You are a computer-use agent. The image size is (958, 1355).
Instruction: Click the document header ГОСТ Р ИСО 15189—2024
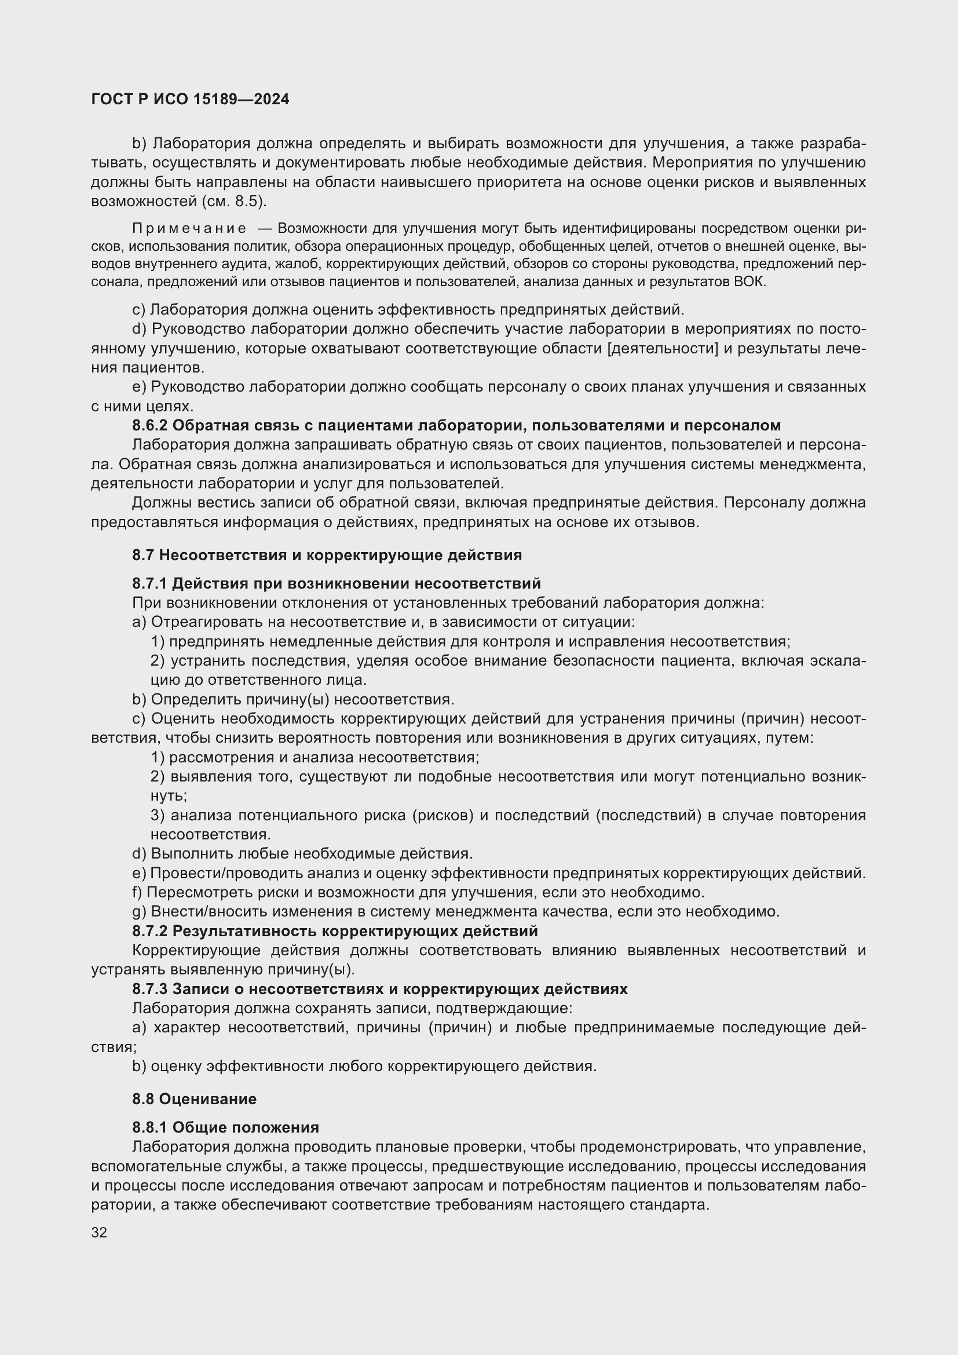(190, 99)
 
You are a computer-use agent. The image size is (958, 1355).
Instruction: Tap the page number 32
(99, 1232)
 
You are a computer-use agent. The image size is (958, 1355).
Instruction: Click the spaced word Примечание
(189, 228)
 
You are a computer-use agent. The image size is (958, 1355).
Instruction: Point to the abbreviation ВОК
(749, 282)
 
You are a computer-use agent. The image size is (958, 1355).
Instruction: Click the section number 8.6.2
(150, 426)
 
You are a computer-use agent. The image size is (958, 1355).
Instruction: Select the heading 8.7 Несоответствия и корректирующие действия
(327, 555)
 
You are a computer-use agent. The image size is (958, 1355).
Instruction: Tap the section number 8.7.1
(150, 584)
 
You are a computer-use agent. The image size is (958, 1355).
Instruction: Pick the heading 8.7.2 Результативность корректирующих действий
(334, 931)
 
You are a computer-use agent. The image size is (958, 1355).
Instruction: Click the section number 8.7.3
(150, 989)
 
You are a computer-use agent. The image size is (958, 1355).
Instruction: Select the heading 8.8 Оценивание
(194, 1099)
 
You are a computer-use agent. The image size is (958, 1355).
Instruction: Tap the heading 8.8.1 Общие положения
(225, 1127)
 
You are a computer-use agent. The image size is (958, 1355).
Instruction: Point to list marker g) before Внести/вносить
(138, 912)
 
